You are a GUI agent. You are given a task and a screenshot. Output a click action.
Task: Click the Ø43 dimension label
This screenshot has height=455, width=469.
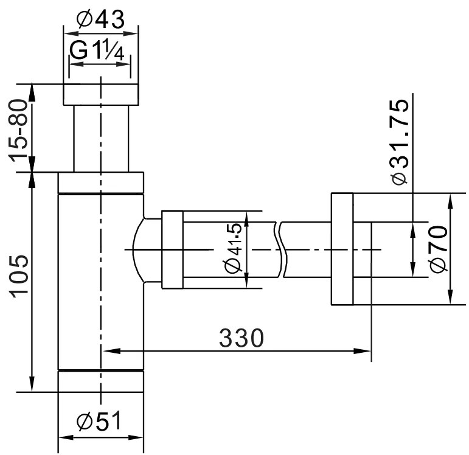point(101,19)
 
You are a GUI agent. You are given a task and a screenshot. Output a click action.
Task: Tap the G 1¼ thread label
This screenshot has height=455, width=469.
point(98,52)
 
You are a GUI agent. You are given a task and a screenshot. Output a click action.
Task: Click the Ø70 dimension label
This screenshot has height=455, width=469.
point(437,249)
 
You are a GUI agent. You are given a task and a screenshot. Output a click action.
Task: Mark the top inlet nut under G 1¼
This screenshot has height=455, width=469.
point(101,96)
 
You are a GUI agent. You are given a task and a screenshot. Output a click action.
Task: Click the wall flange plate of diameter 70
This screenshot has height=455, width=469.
point(342,249)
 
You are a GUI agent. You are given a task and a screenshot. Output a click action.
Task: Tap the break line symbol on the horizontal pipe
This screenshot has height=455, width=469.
point(280,249)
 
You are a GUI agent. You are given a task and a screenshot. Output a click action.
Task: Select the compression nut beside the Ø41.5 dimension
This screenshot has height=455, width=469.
point(172,249)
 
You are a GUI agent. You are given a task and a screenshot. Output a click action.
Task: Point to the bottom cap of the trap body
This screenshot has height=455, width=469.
point(101,381)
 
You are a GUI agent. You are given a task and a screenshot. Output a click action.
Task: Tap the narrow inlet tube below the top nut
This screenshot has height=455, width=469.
point(101,139)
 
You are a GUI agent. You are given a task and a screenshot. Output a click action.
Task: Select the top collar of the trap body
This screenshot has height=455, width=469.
point(101,182)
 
